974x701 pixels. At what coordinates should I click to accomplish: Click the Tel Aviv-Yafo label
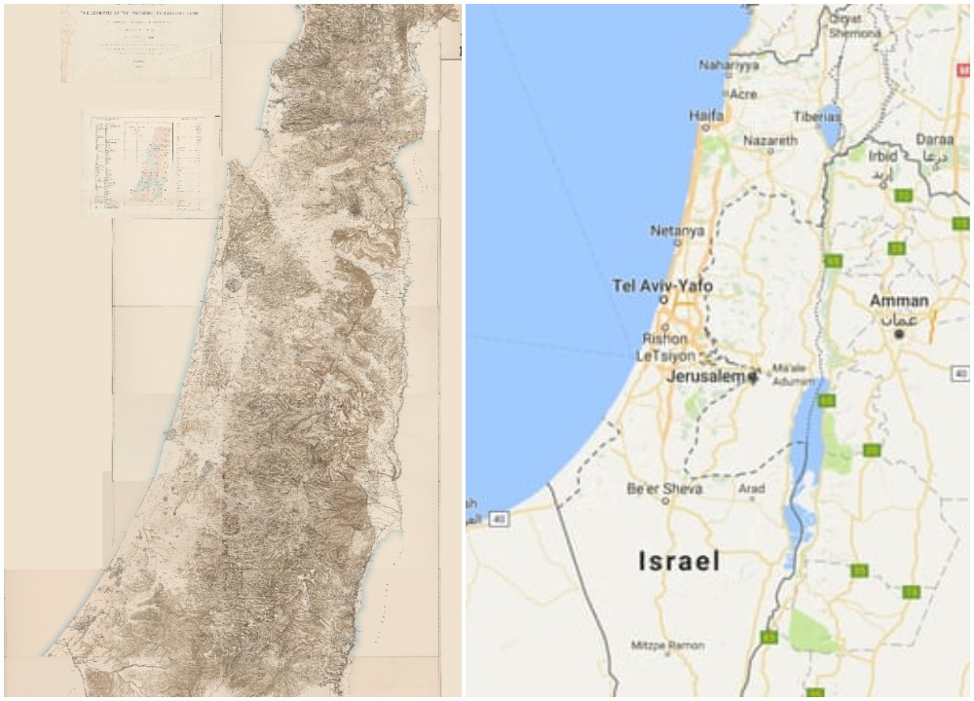[661, 286]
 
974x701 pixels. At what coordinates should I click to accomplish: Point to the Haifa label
[706, 115]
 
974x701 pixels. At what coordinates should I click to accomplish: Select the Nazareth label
[769, 140]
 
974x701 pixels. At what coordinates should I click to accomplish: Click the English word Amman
[898, 301]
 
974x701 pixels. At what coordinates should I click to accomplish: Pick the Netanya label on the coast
[677, 231]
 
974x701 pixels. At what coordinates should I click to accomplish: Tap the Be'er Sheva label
[665, 489]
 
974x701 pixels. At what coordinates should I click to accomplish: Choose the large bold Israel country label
[679, 561]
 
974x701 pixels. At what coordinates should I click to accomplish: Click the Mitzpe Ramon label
[668, 646]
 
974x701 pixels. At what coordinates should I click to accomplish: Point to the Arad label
[751, 489]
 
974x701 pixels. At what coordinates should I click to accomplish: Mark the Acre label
[743, 94]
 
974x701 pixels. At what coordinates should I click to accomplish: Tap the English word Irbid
[882, 156]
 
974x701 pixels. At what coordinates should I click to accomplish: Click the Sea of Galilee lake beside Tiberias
[830, 128]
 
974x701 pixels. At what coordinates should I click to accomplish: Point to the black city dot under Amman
[899, 334]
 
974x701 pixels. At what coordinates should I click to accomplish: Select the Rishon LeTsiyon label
[665, 348]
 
